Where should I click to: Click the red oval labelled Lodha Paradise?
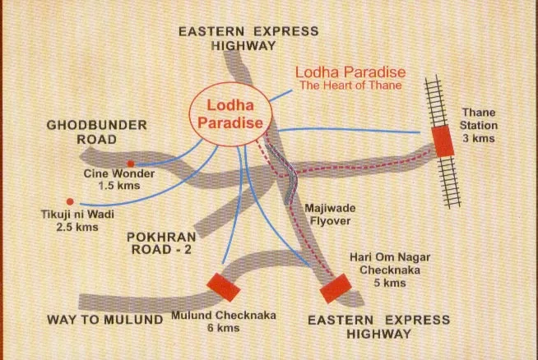(230, 115)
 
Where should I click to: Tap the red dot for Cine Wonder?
(130, 164)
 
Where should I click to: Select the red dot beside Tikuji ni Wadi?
(70, 201)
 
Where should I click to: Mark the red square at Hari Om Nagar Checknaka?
(335, 287)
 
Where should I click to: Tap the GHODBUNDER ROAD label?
(97, 132)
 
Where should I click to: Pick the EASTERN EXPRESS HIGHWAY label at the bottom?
(379, 326)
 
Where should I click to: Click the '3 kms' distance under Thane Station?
(480, 139)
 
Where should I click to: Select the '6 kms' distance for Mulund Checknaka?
(224, 329)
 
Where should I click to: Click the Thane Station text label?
(480, 118)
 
